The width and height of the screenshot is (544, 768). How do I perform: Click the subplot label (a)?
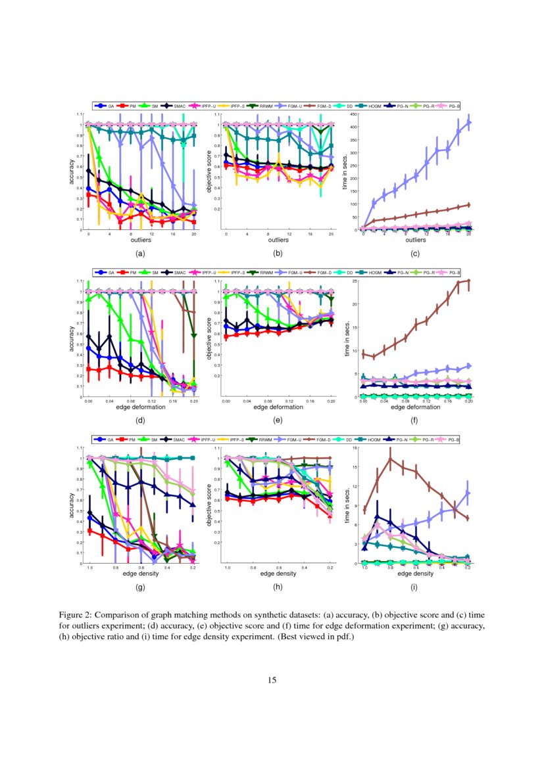tap(139, 252)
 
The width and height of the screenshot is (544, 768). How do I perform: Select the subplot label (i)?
tap(414, 587)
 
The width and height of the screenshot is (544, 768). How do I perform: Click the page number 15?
tap(272, 680)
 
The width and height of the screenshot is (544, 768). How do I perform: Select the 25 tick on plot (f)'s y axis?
tap(354, 281)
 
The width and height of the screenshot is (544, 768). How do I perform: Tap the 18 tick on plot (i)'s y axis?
tap(354, 448)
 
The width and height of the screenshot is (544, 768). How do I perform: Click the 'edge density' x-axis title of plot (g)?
tap(140, 574)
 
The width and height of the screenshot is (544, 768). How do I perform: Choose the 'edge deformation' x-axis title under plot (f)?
tap(414, 407)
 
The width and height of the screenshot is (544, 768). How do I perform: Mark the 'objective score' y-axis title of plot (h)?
tap(211, 506)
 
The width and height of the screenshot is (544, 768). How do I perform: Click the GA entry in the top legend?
tap(106, 105)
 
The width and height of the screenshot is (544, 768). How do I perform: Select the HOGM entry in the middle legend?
tap(376, 272)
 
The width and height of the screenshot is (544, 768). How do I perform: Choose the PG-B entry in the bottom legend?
tap(447, 439)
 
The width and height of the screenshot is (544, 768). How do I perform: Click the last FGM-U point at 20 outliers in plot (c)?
tap(469, 122)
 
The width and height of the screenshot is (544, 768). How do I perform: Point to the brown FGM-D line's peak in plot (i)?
tap(390, 459)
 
